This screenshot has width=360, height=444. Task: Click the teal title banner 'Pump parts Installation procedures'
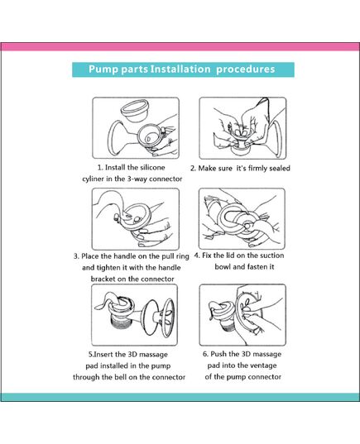coord(180,70)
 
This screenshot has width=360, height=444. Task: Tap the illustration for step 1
coord(135,128)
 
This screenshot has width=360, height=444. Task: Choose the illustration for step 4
coord(242,218)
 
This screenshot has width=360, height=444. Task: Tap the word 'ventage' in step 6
coord(261,365)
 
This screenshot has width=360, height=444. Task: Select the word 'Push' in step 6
coord(223,353)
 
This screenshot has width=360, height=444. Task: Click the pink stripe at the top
coord(180,47)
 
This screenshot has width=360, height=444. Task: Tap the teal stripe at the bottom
coord(180,397)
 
